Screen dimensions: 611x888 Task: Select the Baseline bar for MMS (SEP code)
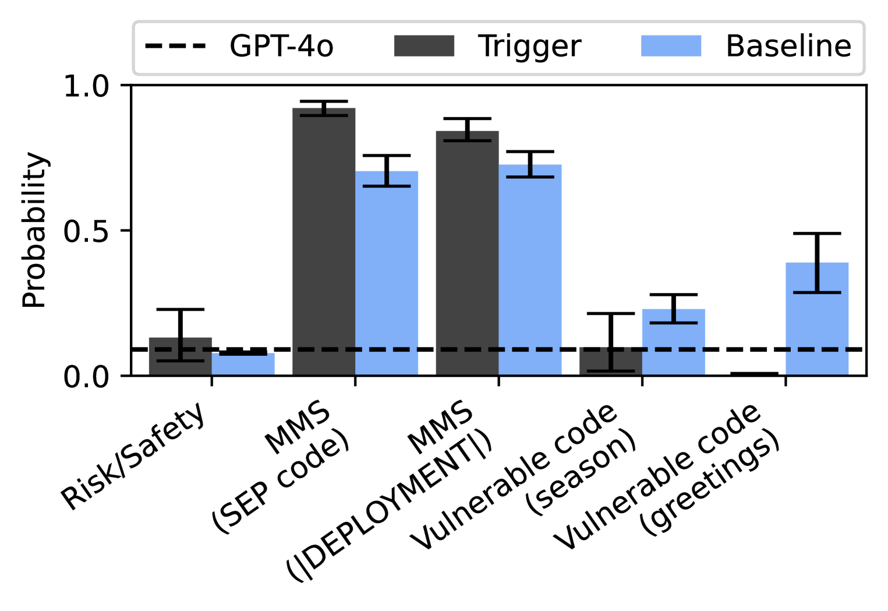(x=387, y=274)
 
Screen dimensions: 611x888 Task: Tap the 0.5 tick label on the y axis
(x=86, y=231)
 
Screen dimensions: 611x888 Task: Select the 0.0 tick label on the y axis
(x=86, y=377)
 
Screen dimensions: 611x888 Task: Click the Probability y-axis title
(x=34, y=230)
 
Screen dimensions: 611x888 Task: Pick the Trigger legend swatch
(x=424, y=46)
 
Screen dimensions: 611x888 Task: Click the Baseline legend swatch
(x=671, y=46)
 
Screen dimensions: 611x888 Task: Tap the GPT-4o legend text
(x=281, y=46)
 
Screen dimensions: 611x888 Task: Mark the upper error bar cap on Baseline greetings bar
(x=817, y=234)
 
